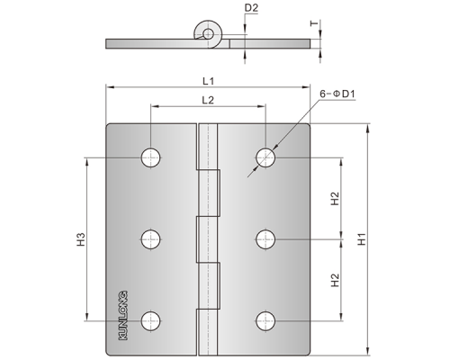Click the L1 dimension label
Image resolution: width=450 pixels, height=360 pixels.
(x=208, y=81)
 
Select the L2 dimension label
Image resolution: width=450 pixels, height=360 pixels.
(x=208, y=100)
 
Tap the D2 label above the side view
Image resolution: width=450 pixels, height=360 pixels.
(x=251, y=8)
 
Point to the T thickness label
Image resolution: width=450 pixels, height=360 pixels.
(x=314, y=23)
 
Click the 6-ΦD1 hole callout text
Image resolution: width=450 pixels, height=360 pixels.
(x=337, y=94)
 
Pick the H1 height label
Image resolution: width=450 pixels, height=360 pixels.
(x=362, y=239)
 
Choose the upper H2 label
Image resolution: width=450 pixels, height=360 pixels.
(x=335, y=198)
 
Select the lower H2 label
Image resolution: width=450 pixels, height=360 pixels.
(x=335, y=280)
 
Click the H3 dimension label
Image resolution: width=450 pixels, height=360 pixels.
(x=81, y=239)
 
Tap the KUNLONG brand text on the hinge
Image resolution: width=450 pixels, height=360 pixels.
(x=123, y=315)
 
